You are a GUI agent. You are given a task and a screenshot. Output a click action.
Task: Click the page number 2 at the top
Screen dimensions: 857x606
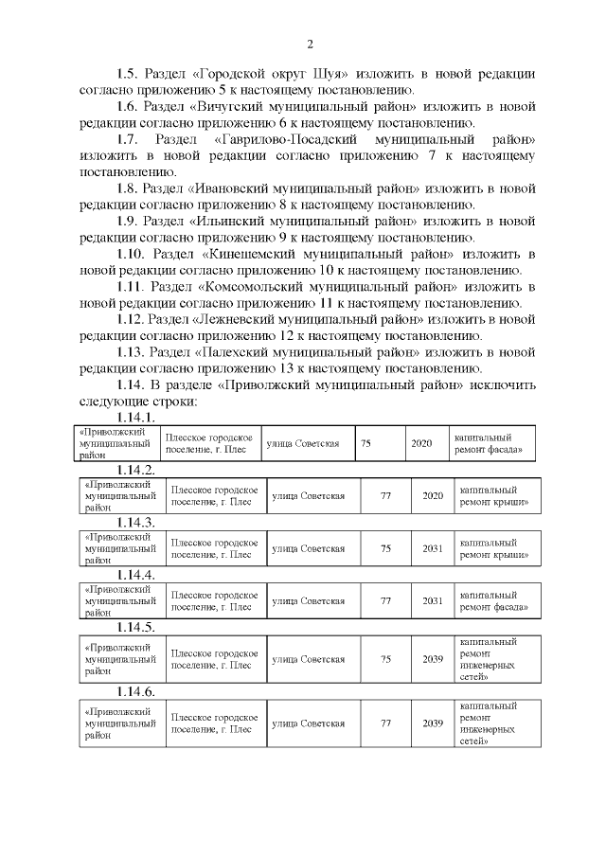(x=309, y=45)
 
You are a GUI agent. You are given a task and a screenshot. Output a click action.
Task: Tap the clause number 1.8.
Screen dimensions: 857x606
(x=129, y=188)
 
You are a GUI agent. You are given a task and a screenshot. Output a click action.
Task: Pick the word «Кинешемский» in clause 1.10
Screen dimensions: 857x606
(x=252, y=255)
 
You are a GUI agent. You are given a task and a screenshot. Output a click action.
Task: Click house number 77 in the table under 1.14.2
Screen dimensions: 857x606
(x=385, y=495)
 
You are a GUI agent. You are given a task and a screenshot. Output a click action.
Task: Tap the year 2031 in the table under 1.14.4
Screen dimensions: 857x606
(x=433, y=600)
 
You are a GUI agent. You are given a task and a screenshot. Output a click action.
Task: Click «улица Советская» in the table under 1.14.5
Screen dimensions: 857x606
(x=308, y=659)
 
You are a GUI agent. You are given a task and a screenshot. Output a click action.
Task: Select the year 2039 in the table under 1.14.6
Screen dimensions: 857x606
(x=433, y=723)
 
